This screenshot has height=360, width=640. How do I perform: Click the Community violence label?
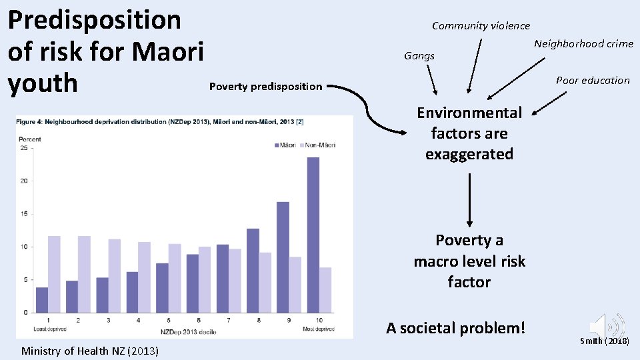(481, 26)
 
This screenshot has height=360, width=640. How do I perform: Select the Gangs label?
(419, 56)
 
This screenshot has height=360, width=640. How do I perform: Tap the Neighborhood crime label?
(583, 44)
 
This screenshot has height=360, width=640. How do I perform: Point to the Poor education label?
(593, 81)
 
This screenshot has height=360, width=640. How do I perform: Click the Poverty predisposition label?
(265, 87)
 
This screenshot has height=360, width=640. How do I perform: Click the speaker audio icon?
(606, 326)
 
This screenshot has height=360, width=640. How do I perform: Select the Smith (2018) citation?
(604, 341)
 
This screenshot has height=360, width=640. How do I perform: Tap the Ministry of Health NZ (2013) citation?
(90, 351)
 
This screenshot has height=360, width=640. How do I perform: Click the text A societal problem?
(455, 328)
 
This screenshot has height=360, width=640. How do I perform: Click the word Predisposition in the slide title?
(94, 20)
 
